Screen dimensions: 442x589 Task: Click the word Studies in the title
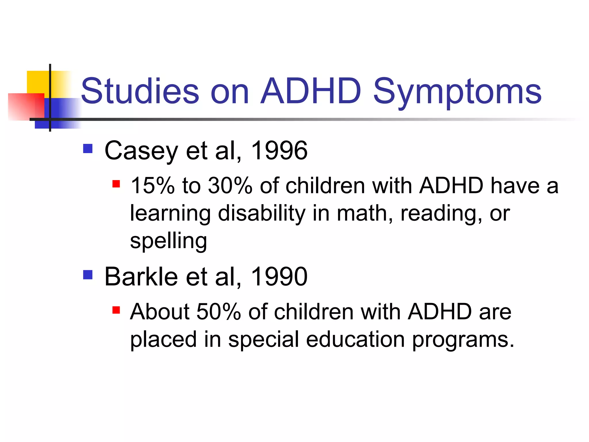click(140, 91)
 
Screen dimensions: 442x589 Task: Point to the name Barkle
click(141, 277)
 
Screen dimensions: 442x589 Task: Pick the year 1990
click(279, 277)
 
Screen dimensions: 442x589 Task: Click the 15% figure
click(152, 186)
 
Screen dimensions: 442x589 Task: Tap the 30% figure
click(230, 186)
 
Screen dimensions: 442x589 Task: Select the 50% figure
click(219, 312)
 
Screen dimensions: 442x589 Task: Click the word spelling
click(168, 241)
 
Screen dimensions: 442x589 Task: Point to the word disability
click(261, 213)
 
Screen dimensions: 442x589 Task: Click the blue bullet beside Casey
click(88, 149)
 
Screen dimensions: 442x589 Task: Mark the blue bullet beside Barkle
click(88, 275)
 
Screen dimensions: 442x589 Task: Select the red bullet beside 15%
click(116, 184)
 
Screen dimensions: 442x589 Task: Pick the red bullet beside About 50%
click(116, 310)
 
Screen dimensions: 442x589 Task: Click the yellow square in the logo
click(37, 81)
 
